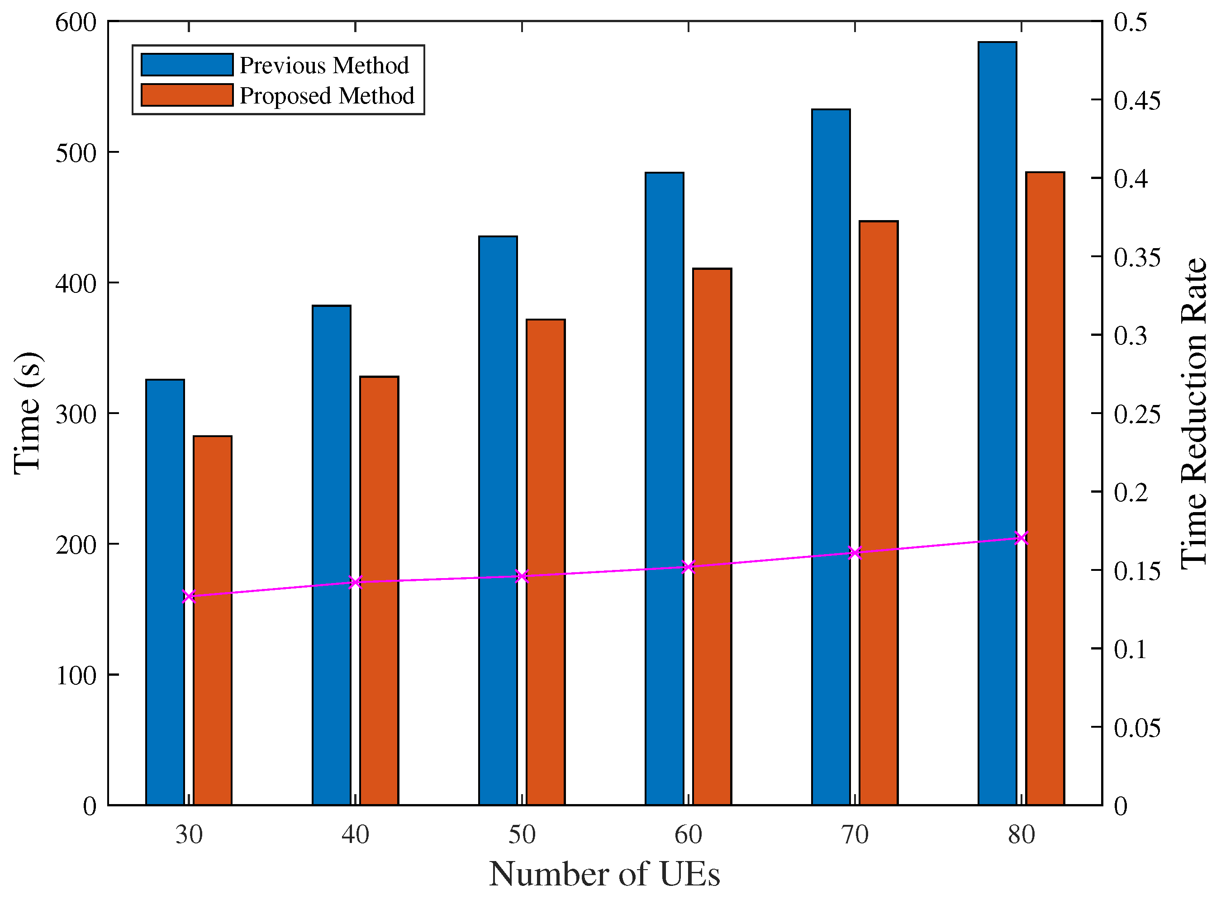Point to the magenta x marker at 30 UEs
tap(189, 597)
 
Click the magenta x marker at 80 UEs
tap(1021, 538)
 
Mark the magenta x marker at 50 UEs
tap(522, 576)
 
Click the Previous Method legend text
tap(324, 65)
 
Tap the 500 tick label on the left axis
tap(76, 153)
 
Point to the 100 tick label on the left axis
tap(76, 675)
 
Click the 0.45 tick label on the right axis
tap(1136, 101)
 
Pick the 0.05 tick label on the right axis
tap(1136, 728)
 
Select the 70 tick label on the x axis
tap(855, 835)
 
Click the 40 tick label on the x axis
tap(355, 835)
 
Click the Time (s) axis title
tap(27, 414)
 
